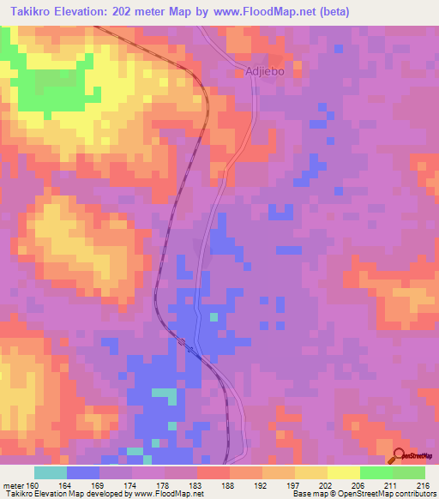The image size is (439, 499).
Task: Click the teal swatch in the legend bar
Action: [x=51, y=472]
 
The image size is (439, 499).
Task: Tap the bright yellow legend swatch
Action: [x=344, y=472]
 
